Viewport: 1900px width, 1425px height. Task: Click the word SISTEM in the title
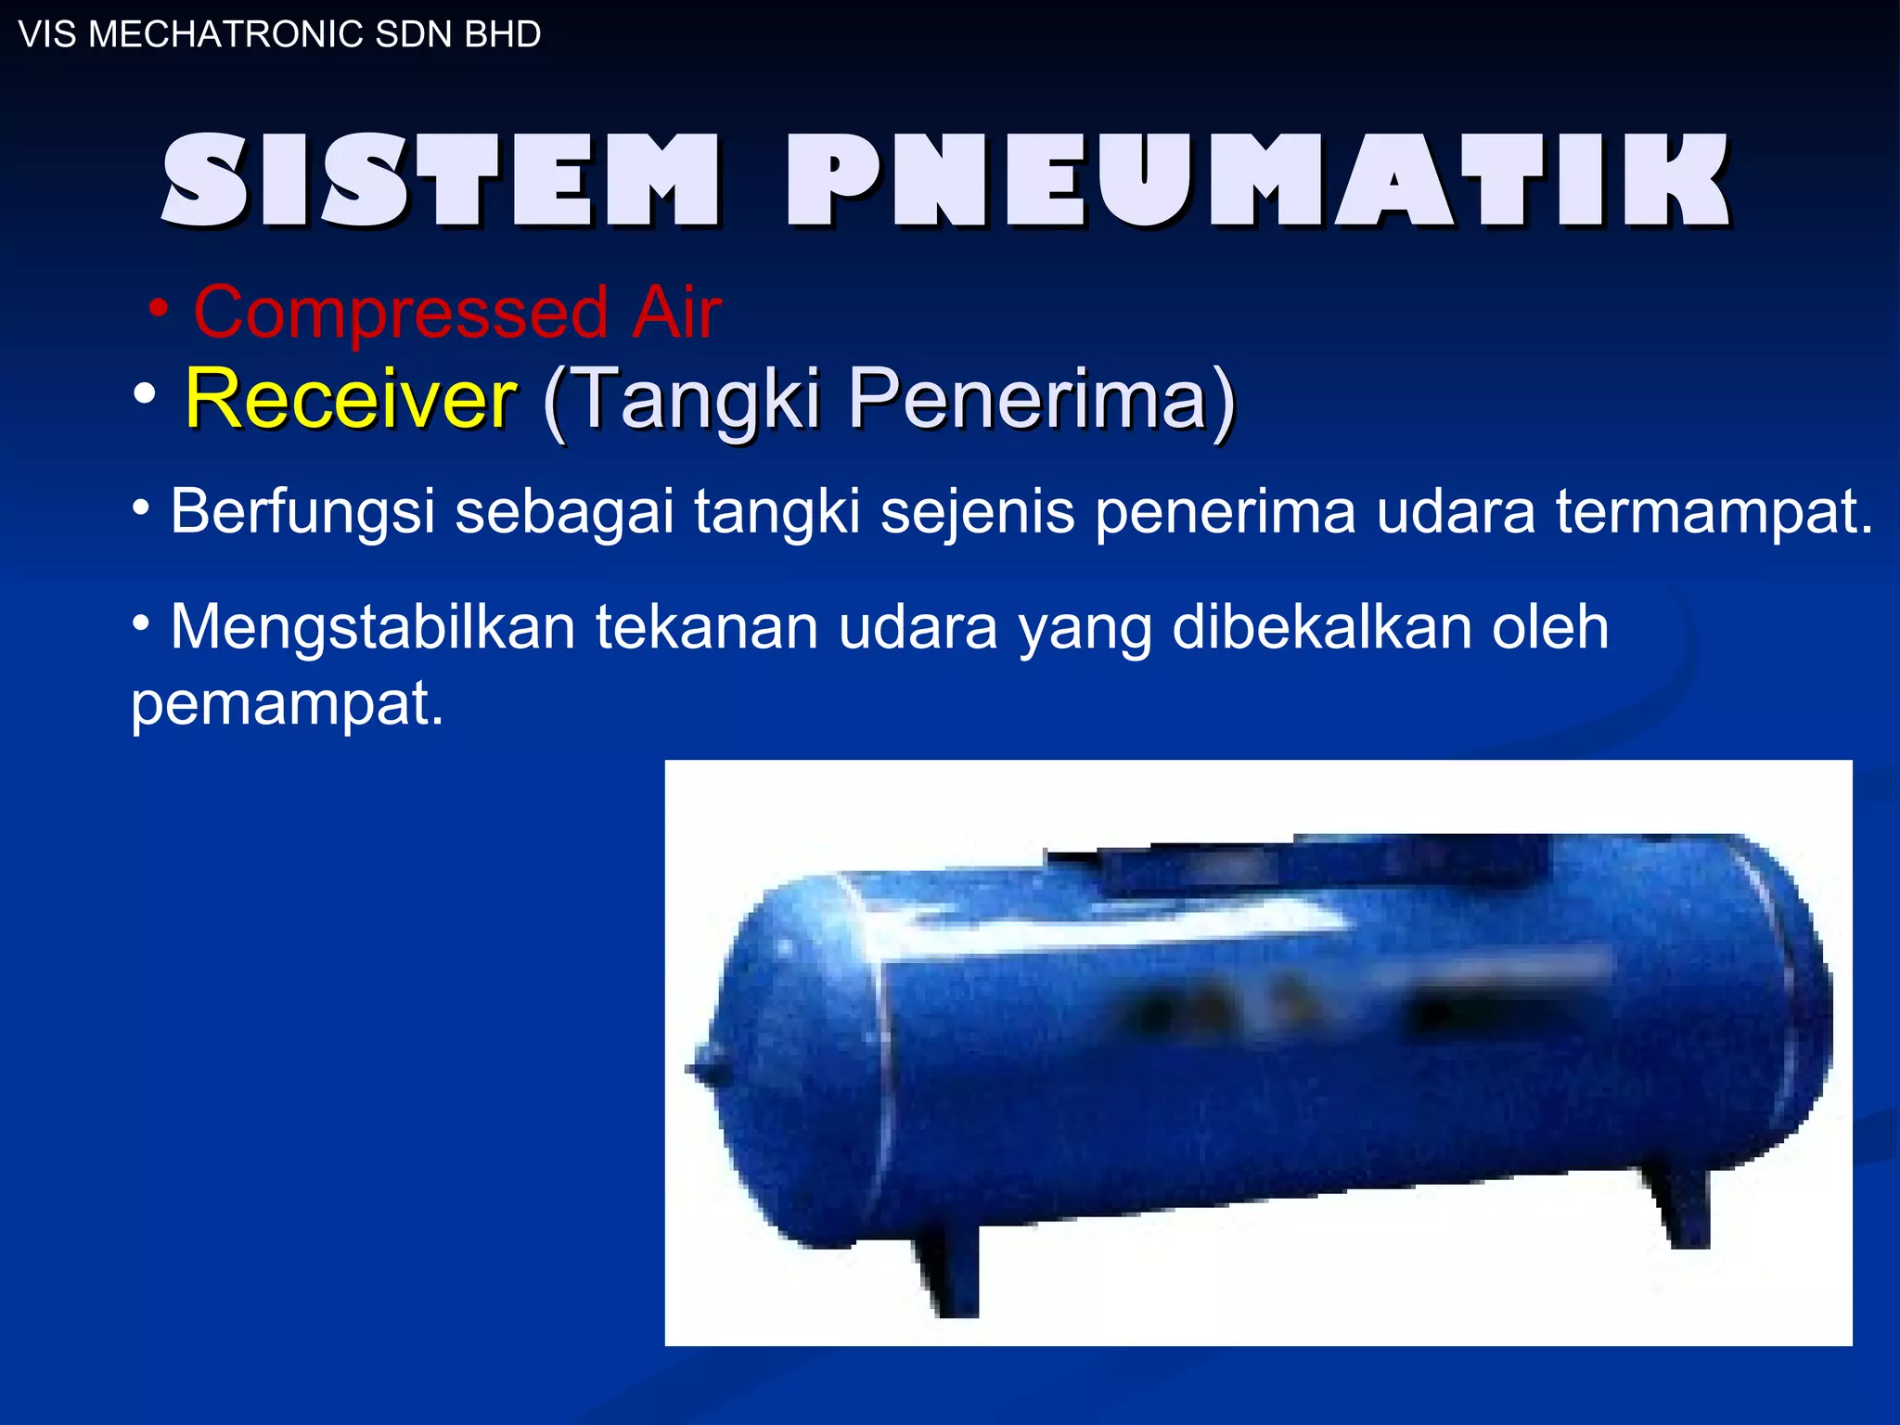click(x=440, y=180)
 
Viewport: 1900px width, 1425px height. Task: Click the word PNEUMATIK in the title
click(x=1258, y=180)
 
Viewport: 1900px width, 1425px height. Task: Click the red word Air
click(x=676, y=313)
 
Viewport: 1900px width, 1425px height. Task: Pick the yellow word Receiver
click(x=351, y=398)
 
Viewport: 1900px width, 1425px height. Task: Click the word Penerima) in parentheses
click(x=1041, y=400)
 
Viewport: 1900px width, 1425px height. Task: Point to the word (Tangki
click(x=683, y=400)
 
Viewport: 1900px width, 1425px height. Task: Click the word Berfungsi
click(x=302, y=512)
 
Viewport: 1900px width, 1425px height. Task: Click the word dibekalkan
click(x=1321, y=627)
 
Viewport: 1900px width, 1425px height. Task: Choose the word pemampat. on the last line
click(x=288, y=703)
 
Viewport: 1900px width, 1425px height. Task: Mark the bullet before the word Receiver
click(x=144, y=393)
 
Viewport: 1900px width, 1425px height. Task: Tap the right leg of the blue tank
click(x=1681, y=1206)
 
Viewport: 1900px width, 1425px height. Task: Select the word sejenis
click(x=977, y=512)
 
